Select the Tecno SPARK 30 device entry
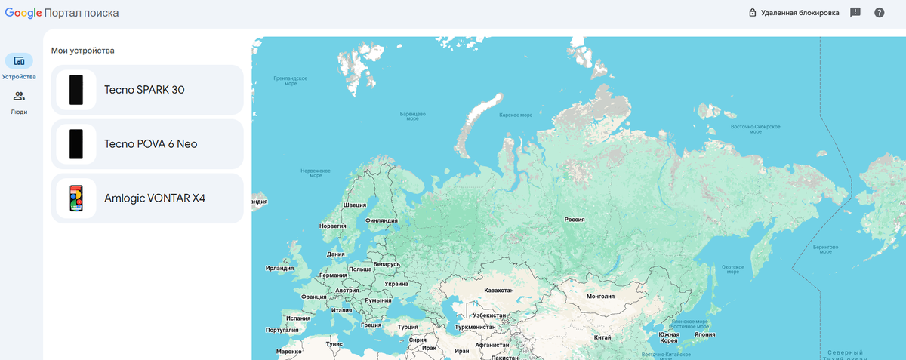click(x=147, y=90)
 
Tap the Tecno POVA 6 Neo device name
click(x=150, y=143)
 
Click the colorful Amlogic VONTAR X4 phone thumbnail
click(x=75, y=198)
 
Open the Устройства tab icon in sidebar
click(x=19, y=61)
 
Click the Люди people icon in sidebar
click(x=19, y=96)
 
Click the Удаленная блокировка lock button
click(x=794, y=13)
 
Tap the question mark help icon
click(x=879, y=13)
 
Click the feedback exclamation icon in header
click(x=855, y=13)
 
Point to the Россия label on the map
click(x=575, y=220)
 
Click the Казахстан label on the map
click(x=498, y=290)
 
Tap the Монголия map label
click(x=601, y=297)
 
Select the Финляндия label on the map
click(x=381, y=220)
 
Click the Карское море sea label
click(x=516, y=115)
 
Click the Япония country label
click(x=704, y=334)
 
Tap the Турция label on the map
click(x=407, y=327)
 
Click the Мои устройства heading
click(x=82, y=51)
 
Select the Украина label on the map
click(x=396, y=284)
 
